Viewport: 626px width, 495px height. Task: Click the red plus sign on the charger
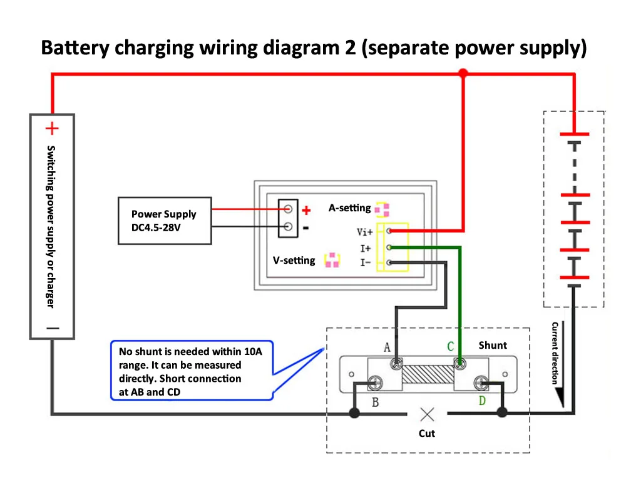[x=52, y=129]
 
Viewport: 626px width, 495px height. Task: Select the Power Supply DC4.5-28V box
[x=164, y=220]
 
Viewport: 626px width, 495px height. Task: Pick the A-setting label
[x=349, y=207]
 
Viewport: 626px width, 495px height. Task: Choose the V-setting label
[x=294, y=260]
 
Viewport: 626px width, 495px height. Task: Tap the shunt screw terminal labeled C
[x=459, y=363]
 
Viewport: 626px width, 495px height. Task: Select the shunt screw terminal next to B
[x=376, y=382]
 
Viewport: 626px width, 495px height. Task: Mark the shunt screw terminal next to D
[x=481, y=382]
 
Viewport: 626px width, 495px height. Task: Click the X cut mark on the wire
[x=427, y=413]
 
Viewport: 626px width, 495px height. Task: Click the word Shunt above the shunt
[x=493, y=345]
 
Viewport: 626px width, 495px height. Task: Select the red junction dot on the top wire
[x=463, y=74]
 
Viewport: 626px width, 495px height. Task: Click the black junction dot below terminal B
[x=354, y=413]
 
